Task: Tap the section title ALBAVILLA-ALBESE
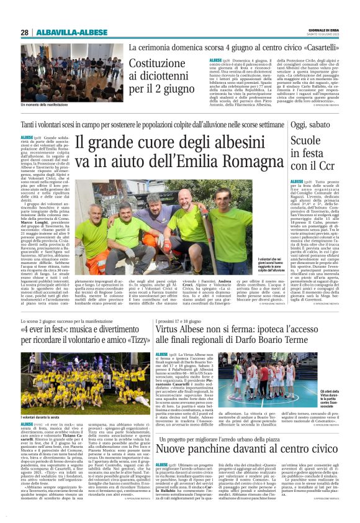tap(65, 32)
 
